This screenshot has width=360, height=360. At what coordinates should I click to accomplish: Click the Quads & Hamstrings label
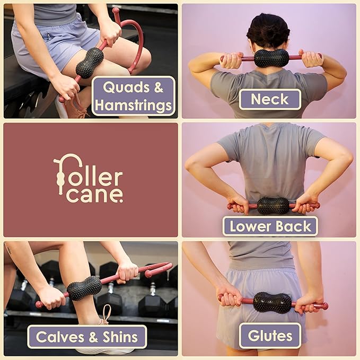[x=133, y=96]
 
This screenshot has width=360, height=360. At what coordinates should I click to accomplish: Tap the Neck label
[x=269, y=99]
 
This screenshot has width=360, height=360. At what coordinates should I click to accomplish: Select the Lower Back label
[x=270, y=226]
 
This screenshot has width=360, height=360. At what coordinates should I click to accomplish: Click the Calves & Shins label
[x=87, y=337]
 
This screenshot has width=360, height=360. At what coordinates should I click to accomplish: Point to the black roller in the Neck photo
[x=271, y=58]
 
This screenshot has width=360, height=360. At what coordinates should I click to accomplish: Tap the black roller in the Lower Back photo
[x=273, y=205]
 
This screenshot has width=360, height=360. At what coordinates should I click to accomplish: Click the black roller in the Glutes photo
[x=271, y=302]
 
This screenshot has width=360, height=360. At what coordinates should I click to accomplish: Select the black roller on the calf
[x=84, y=288]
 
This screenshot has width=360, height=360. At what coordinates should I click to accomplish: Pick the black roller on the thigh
[x=89, y=63]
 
